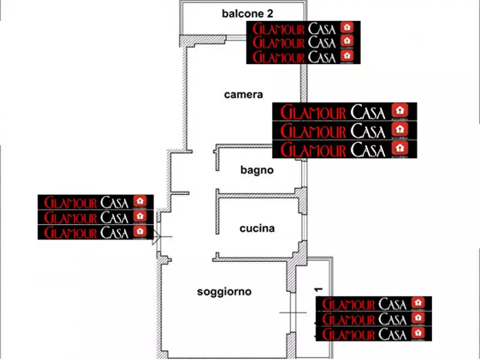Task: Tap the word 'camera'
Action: tap(243, 95)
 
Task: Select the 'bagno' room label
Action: tap(257, 170)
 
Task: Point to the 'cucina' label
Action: tap(257, 228)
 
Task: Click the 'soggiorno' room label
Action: tap(224, 292)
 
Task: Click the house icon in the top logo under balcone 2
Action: tap(348, 27)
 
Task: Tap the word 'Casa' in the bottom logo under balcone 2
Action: tap(323, 57)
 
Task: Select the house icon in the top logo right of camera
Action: tap(399, 111)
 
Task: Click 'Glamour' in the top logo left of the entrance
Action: tap(71, 203)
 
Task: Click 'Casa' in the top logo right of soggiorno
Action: tap(392, 304)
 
